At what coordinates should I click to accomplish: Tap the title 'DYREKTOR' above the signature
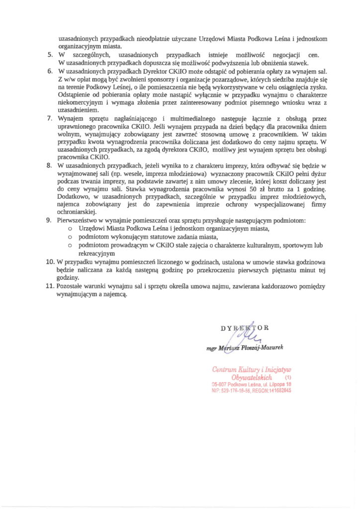[245, 328]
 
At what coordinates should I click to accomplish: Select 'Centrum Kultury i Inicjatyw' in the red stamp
[251, 369]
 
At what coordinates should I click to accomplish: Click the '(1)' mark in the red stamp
[289, 378]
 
